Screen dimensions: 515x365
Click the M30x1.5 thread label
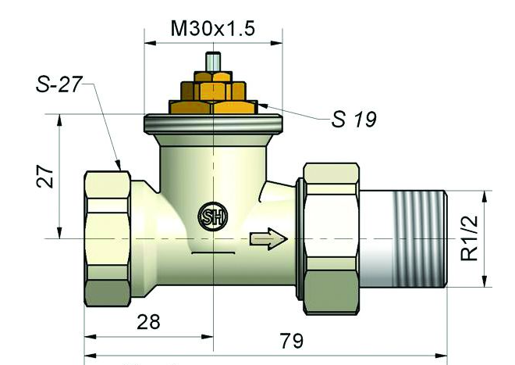(212, 28)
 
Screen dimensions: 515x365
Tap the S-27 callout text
(59, 84)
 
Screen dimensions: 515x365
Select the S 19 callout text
(353, 119)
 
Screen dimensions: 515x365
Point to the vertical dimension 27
(45, 177)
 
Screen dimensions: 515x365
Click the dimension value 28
(148, 322)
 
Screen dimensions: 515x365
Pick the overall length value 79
(292, 341)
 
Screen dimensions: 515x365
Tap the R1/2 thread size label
(469, 238)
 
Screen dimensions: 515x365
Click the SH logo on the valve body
(213, 216)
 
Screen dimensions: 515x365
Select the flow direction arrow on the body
(269, 238)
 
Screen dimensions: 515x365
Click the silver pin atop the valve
(213, 62)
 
